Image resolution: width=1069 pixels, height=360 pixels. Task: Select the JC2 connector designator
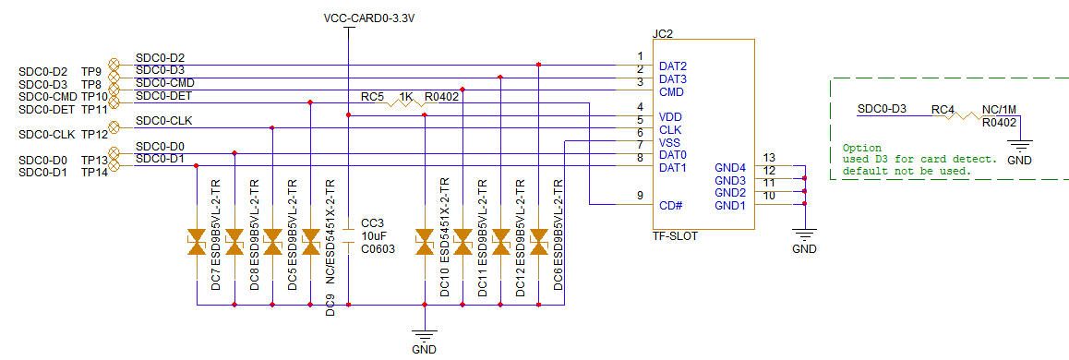tap(662, 33)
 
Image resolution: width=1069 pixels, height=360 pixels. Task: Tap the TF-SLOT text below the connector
tap(674, 236)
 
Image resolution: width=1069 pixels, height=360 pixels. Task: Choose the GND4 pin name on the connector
tap(729, 167)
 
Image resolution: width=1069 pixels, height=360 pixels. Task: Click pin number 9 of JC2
tap(640, 195)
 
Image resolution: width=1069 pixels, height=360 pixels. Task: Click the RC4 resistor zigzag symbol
tap(966, 116)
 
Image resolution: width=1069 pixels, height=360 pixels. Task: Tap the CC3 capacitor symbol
tap(348, 234)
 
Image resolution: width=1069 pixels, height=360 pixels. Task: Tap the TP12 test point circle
tap(114, 127)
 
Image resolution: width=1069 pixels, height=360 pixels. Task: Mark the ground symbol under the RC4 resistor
tap(1018, 143)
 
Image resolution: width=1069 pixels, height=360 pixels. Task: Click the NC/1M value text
tap(1001, 108)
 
